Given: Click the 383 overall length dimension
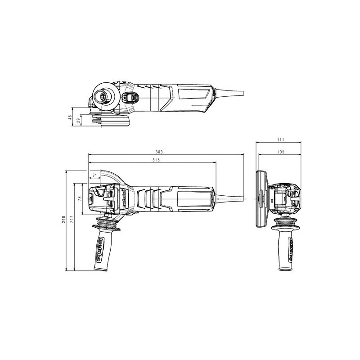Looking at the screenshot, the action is [159, 152].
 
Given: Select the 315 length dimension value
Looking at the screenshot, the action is [156, 160].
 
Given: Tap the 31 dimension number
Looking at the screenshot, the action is [94, 175].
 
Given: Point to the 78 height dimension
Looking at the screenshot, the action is [80, 198].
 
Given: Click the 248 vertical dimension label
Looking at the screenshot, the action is [64, 220].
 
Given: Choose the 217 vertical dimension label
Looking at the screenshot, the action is [72, 220].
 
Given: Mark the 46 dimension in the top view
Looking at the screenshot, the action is [70, 117].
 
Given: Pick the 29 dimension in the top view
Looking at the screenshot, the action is [78, 121].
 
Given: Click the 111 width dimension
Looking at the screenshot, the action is [280, 139].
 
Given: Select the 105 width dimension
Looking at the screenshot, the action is [280, 152].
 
